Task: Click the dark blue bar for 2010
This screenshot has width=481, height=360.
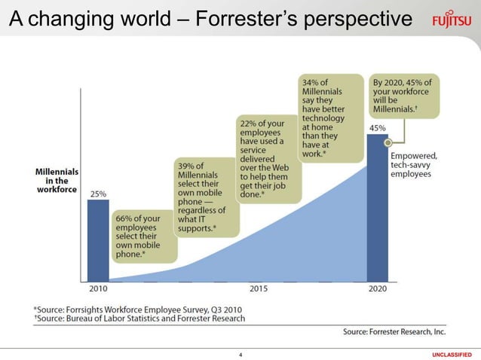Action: point(98,239)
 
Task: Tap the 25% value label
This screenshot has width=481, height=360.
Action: point(98,194)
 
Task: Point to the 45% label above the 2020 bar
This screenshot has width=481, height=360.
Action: point(377,128)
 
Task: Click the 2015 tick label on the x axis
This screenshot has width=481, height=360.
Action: point(259,288)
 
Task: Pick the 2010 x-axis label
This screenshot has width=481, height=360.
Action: point(98,288)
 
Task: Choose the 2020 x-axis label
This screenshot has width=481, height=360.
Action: point(377,288)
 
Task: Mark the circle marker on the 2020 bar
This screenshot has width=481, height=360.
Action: point(387,142)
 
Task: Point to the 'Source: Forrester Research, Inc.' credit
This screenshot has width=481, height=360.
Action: point(394,331)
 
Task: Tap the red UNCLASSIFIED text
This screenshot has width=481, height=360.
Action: point(452,354)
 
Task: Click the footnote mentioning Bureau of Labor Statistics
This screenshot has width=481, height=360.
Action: point(139,319)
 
